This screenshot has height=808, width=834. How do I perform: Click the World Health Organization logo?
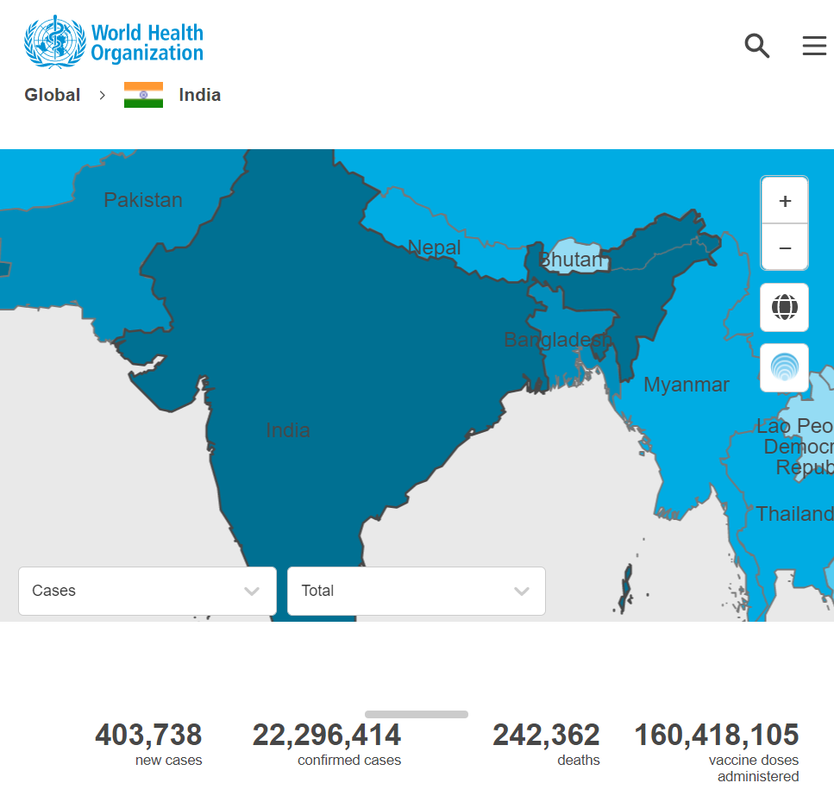pyautogui.click(x=114, y=42)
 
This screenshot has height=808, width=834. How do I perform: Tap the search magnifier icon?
pyautogui.click(x=756, y=46)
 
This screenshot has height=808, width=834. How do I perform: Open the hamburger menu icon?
pyautogui.click(x=814, y=46)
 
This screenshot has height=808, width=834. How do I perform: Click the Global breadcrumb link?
pyautogui.click(x=53, y=95)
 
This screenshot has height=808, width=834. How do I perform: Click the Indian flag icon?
pyautogui.click(x=143, y=95)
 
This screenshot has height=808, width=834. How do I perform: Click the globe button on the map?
pyautogui.click(x=784, y=307)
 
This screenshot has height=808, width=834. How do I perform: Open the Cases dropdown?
pyautogui.click(x=147, y=591)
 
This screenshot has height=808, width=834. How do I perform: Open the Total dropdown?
pyautogui.click(x=416, y=591)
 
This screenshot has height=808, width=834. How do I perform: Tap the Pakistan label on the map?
pyautogui.click(x=143, y=200)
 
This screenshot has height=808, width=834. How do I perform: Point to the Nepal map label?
pyautogui.click(x=435, y=247)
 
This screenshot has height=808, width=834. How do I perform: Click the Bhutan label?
pyautogui.click(x=570, y=260)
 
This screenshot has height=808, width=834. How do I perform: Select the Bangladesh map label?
pyautogui.click(x=557, y=340)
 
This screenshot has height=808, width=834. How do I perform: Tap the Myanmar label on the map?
pyautogui.click(x=687, y=385)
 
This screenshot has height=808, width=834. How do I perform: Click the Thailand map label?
pyautogui.click(x=794, y=514)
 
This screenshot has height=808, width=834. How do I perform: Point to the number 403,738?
pyautogui.click(x=148, y=735)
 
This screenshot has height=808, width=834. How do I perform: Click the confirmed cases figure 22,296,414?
pyautogui.click(x=327, y=735)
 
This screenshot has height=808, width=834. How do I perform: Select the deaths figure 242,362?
pyautogui.click(x=546, y=735)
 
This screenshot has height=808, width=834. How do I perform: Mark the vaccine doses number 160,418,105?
pyautogui.click(x=717, y=735)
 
